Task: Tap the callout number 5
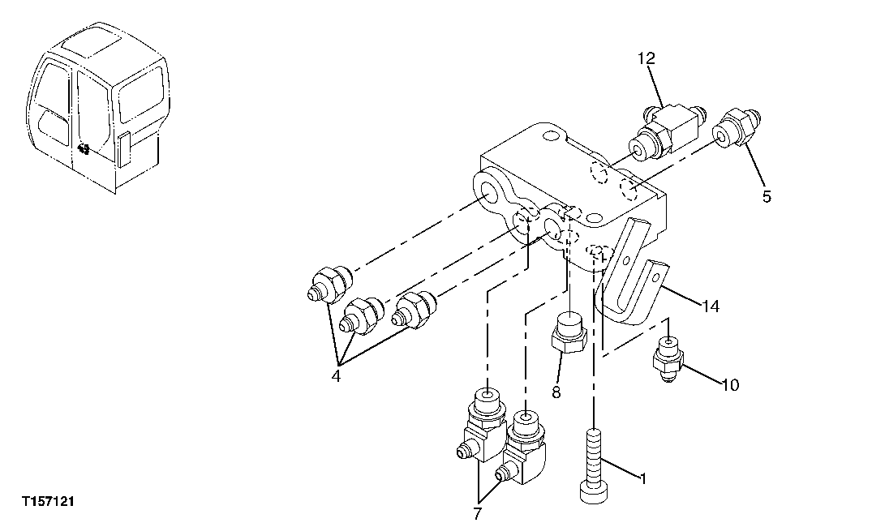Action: pyautogui.click(x=767, y=195)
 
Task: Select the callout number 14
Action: pyautogui.click(x=711, y=306)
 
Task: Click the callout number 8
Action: pyautogui.click(x=556, y=392)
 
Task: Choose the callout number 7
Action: pyautogui.click(x=477, y=512)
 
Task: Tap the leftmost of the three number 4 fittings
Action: pyautogui.click(x=329, y=285)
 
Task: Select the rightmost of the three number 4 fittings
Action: pyautogui.click(x=415, y=311)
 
